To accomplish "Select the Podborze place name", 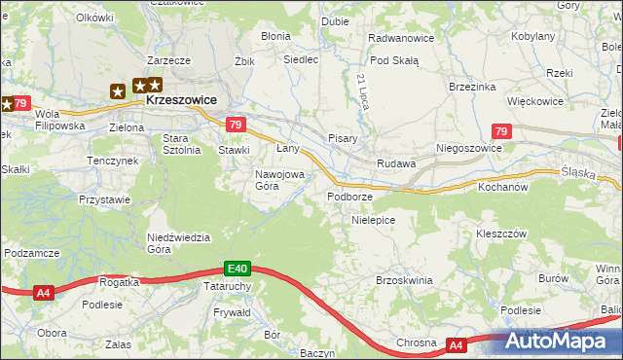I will point(349,197).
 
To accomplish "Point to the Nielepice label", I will point(373,221).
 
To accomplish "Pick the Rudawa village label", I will point(397,164).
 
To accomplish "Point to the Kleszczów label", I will point(500,234).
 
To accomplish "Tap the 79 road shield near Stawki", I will point(235,125).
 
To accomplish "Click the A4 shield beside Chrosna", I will point(458,344).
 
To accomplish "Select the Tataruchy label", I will point(229,287).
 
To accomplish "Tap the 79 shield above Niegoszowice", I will point(501,131).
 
